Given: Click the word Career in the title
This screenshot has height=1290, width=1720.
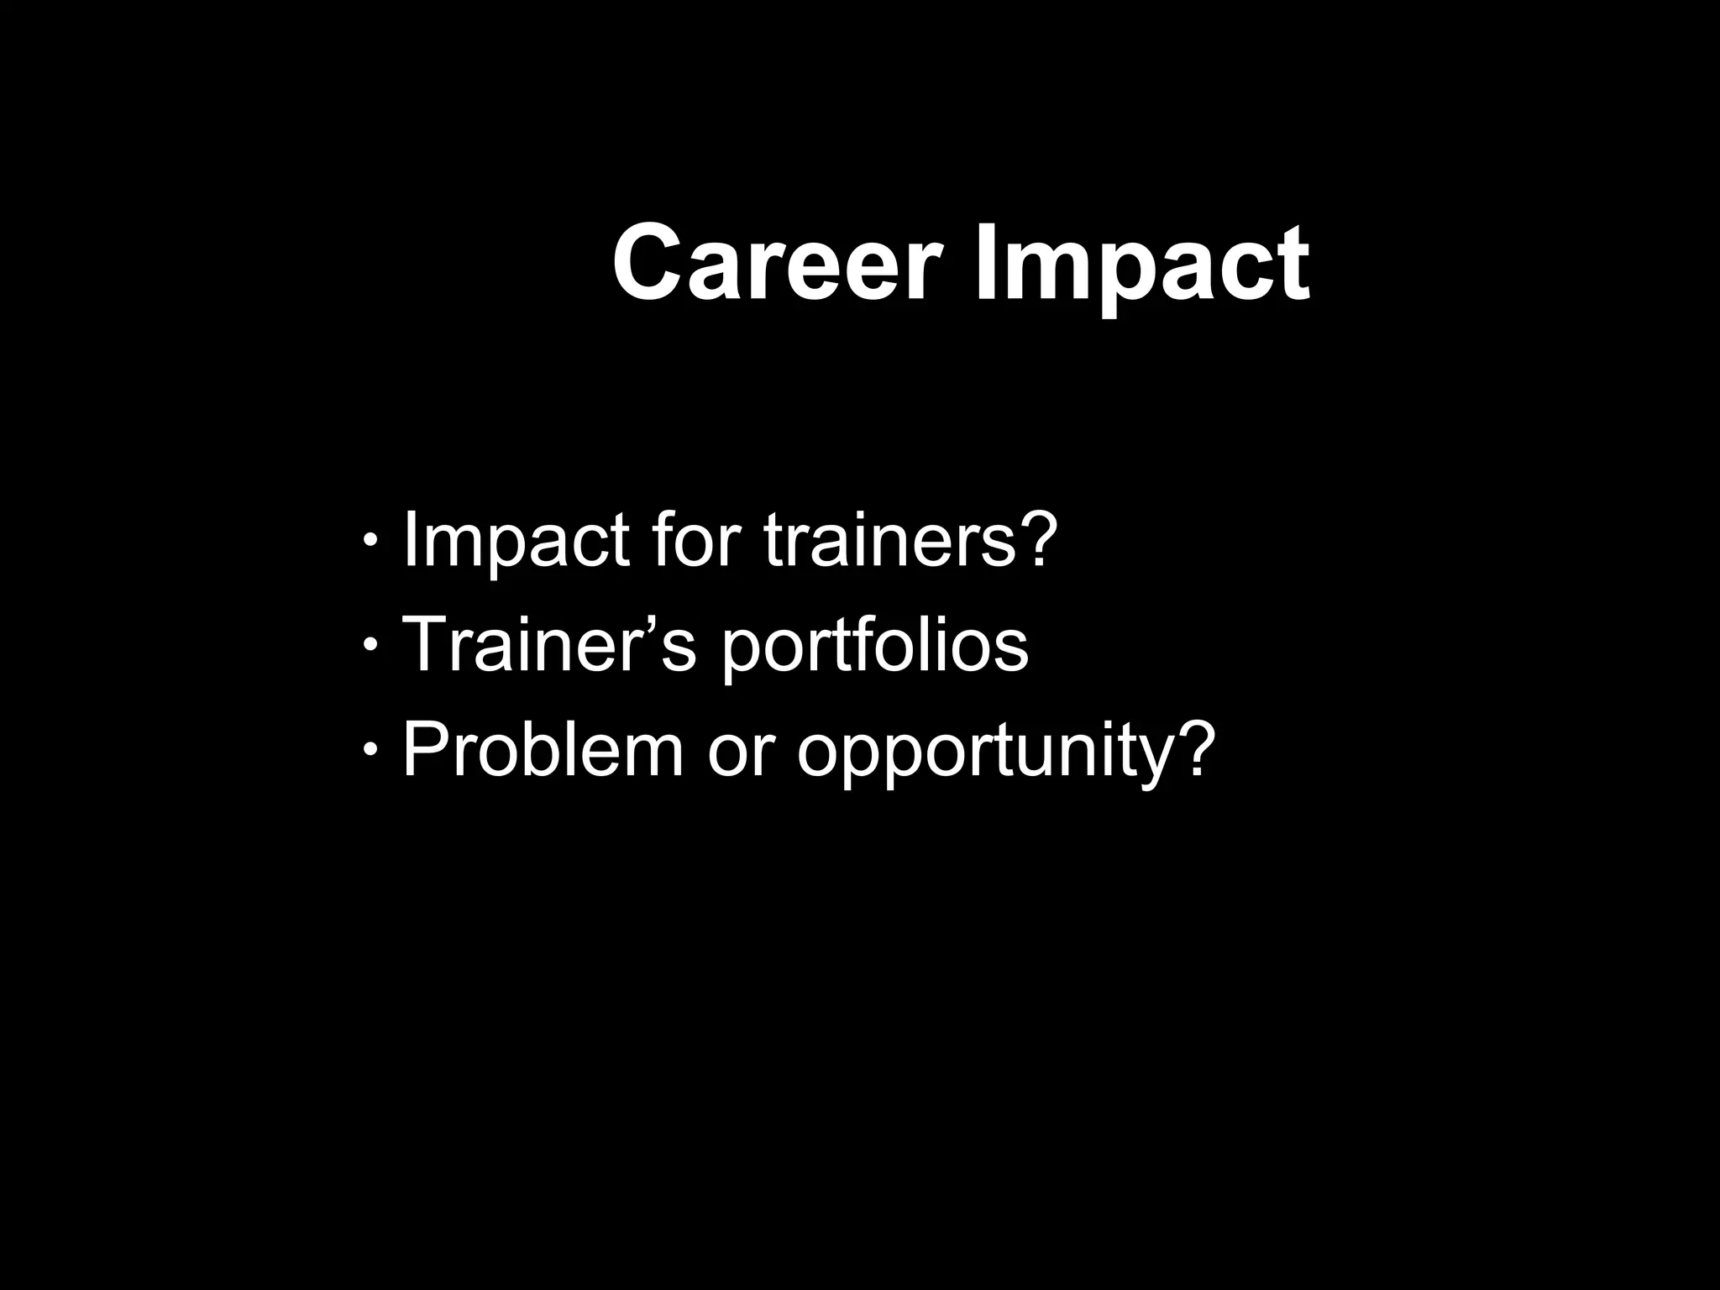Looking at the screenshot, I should [x=776, y=264].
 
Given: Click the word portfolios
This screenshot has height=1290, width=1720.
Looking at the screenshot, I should [x=874, y=648].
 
